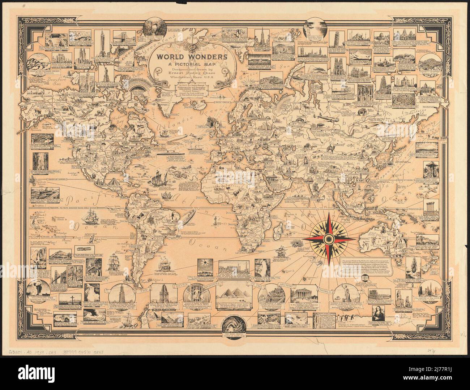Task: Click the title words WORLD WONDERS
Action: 192,57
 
